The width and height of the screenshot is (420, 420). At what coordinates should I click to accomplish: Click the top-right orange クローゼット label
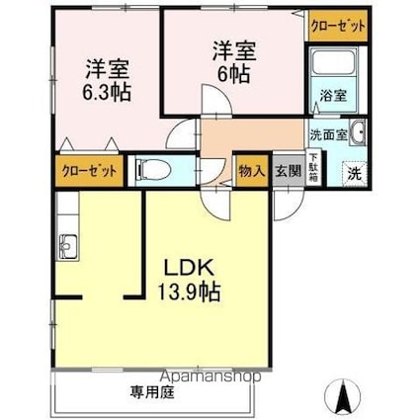[337, 26]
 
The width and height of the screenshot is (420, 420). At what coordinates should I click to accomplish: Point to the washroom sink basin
[357, 134]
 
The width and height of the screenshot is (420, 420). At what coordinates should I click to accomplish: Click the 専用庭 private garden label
[150, 391]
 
